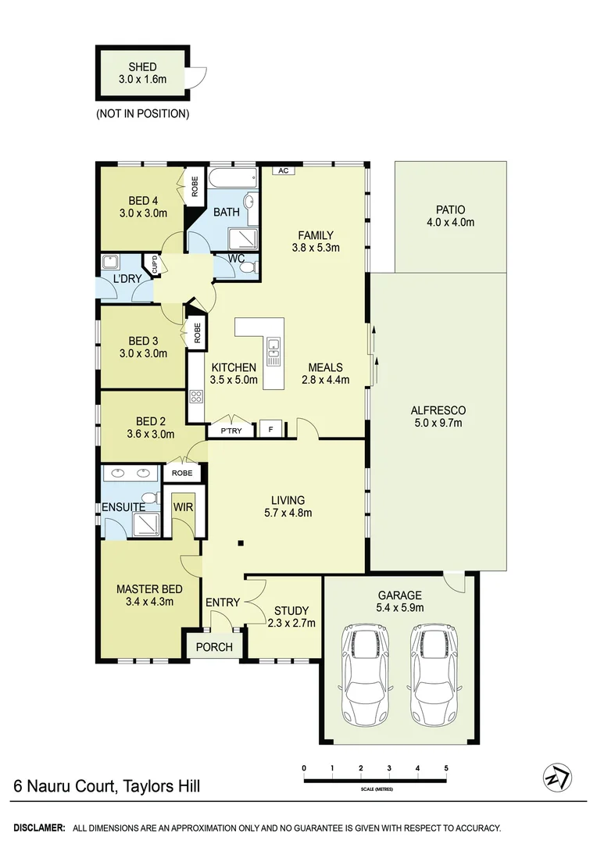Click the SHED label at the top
[142, 66]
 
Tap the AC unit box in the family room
[283, 170]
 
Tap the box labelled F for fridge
[270, 429]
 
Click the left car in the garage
[366, 674]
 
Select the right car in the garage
[431, 674]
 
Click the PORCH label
[213, 647]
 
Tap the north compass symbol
[556, 778]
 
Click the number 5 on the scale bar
[446, 768]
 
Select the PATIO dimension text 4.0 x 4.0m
[450, 222]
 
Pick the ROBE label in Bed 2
[182, 473]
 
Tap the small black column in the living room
[241, 543]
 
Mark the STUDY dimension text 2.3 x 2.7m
[291, 623]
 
